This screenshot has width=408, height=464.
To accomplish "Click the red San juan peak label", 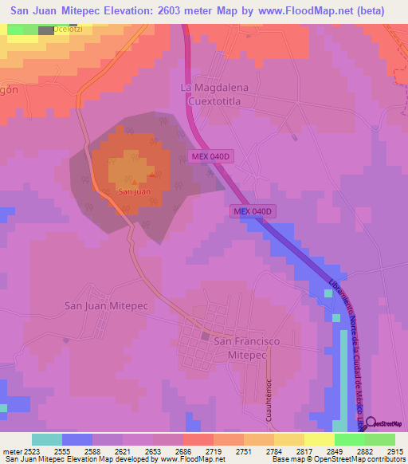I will click(134, 191).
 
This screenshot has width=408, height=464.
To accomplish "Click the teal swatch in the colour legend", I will click(47, 439).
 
